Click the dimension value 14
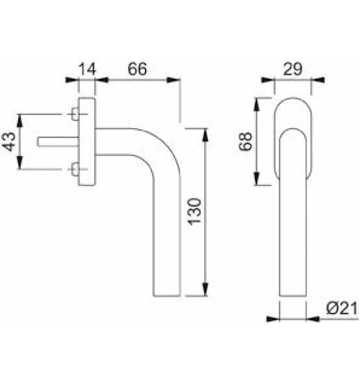coord(86,68)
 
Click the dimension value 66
coord(136,68)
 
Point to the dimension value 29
coord(292,68)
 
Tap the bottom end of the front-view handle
coord(293,297)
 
